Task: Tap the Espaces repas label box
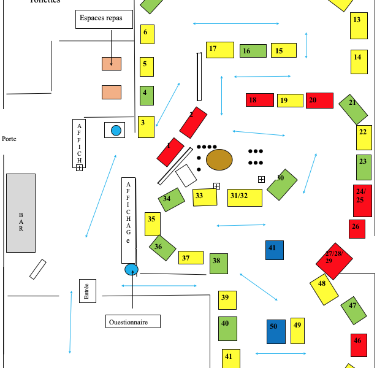point(105,18)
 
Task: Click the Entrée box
point(87,291)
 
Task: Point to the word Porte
point(9,139)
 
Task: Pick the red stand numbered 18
point(260,100)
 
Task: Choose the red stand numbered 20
point(319,100)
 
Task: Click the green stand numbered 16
point(253,51)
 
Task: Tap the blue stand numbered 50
point(276,331)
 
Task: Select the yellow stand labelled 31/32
point(245,197)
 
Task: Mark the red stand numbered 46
point(359,345)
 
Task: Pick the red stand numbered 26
point(357,229)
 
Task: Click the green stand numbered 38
point(218,263)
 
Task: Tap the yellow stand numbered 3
point(146,126)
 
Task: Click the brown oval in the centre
point(219,160)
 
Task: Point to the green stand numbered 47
point(354,310)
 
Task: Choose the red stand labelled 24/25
point(362,201)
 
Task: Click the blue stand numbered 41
point(275,250)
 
